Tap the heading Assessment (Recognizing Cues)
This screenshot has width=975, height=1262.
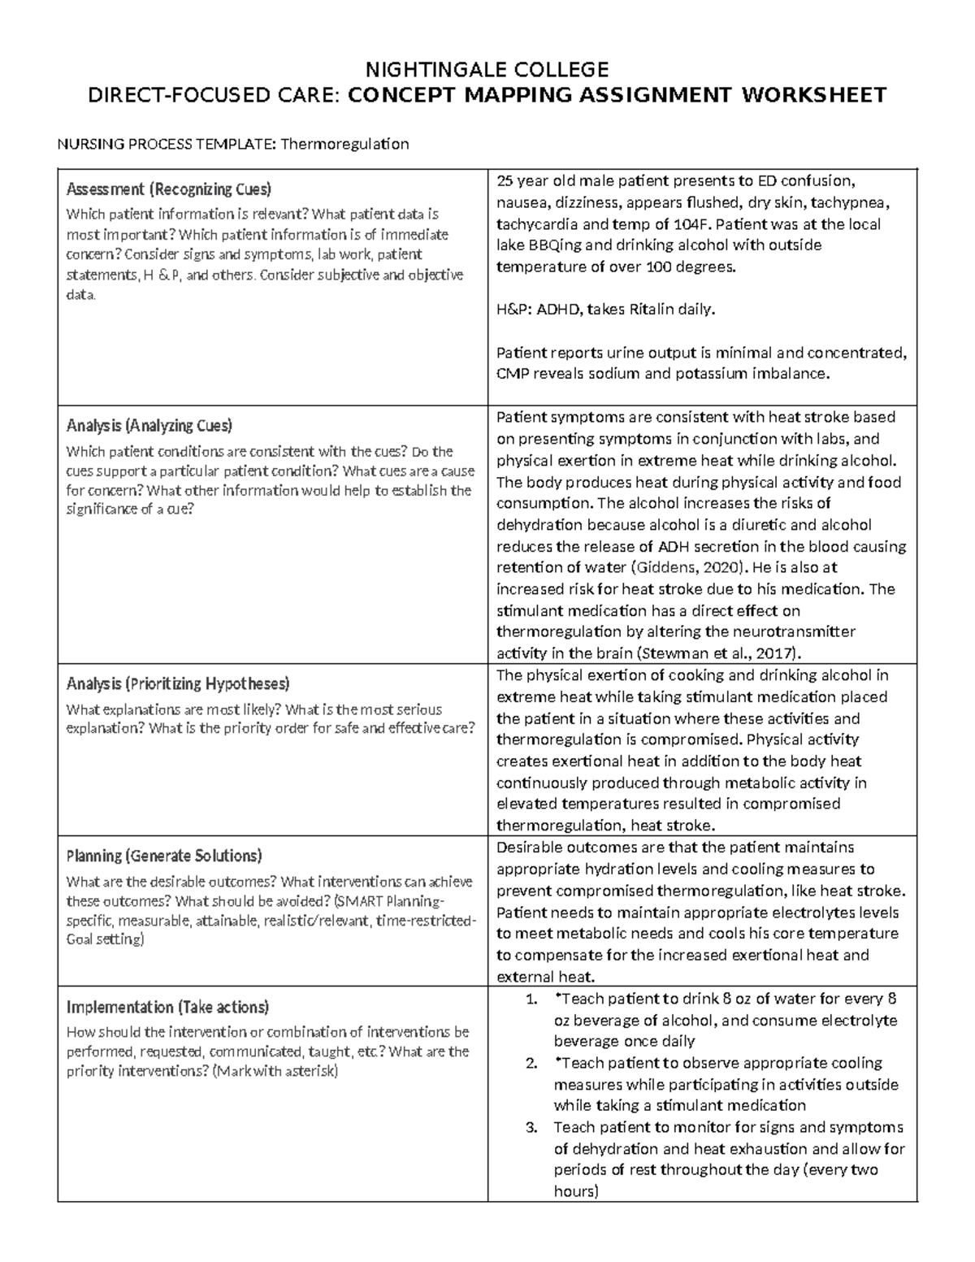point(168,189)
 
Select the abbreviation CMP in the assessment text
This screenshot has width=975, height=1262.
point(512,374)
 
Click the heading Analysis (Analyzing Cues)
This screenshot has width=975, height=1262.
point(149,425)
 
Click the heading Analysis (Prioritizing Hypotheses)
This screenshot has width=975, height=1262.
point(178,683)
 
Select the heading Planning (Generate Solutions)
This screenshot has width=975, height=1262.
point(163,855)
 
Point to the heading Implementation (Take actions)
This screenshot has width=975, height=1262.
point(167,1007)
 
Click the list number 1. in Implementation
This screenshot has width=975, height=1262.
point(531,1000)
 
